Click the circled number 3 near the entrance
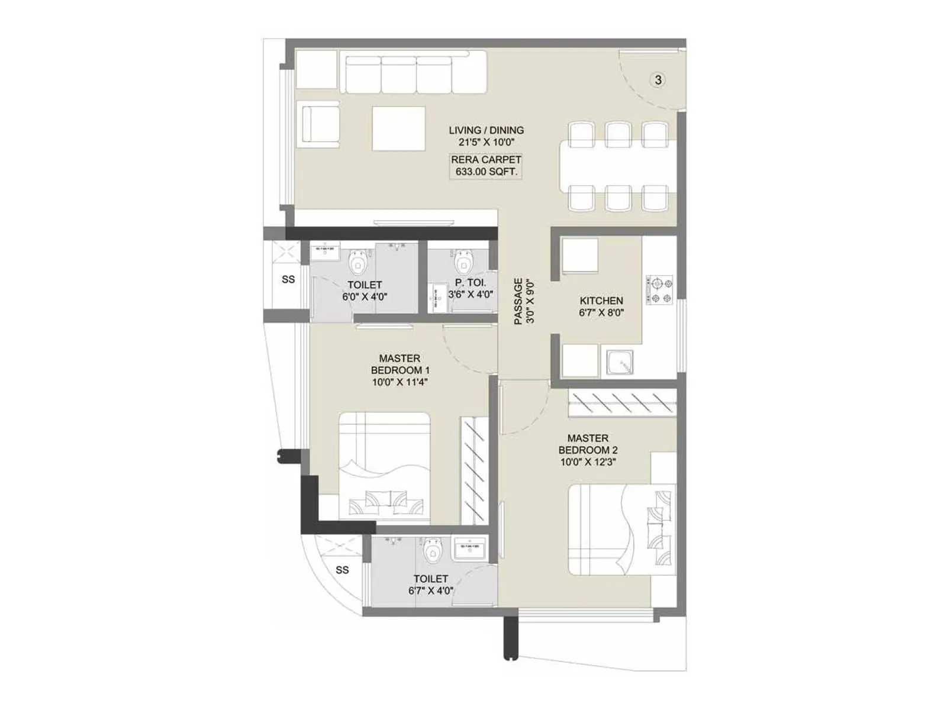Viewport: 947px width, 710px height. coord(658,79)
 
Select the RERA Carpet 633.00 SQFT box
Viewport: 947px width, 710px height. coord(486,166)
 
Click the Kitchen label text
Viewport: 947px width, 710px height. coord(601,301)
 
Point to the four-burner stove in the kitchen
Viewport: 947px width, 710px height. coord(660,290)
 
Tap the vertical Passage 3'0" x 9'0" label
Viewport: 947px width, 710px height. coord(524,301)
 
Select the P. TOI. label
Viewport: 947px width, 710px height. coord(471,283)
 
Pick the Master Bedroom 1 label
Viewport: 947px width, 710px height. coord(400,364)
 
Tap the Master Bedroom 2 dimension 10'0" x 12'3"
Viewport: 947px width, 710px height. coord(588,462)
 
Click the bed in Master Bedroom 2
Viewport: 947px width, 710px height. coord(621,530)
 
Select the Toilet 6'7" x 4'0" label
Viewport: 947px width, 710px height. coord(430,585)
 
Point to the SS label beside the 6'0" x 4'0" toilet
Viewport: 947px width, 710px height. coord(288,279)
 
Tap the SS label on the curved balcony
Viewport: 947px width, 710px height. coord(342,570)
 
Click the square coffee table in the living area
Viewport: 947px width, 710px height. coord(398,128)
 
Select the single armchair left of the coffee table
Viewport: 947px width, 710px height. coord(320,124)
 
